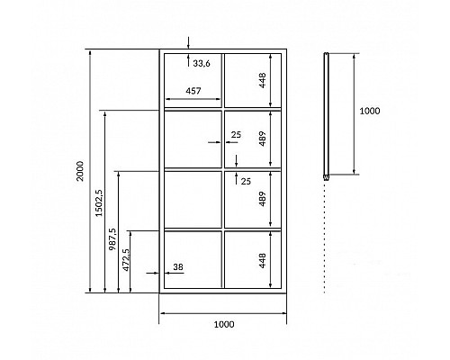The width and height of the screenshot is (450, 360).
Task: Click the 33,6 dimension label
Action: [202, 64]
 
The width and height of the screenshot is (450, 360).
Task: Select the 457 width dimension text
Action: [193, 91]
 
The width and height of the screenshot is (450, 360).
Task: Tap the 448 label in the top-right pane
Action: [262, 80]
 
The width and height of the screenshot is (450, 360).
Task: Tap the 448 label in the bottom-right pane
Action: [262, 260]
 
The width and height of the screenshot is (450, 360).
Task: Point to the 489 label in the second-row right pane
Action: [262, 139]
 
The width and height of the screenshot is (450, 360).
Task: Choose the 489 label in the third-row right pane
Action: [262, 199]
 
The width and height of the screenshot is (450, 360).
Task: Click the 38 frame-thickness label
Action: [178, 266]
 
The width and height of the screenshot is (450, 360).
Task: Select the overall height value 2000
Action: [80, 171]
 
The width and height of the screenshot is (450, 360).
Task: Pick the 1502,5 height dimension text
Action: [99, 202]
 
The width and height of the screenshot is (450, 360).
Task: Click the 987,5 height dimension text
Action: [112, 239]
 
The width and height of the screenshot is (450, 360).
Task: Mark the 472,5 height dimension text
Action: [126, 260]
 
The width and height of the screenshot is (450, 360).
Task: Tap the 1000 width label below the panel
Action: [224, 324]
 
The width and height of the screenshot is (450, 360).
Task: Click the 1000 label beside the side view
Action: [370, 111]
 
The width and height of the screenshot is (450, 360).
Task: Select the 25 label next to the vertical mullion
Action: [236, 135]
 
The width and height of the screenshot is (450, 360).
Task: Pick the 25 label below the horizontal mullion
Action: [246, 181]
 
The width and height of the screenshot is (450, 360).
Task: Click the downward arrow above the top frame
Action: [188, 42]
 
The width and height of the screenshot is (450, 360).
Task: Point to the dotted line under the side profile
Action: [325, 237]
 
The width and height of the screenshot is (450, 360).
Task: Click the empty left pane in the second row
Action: [193, 139]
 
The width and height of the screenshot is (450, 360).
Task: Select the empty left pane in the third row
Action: [193, 199]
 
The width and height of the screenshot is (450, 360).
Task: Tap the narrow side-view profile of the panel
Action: [326, 116]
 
